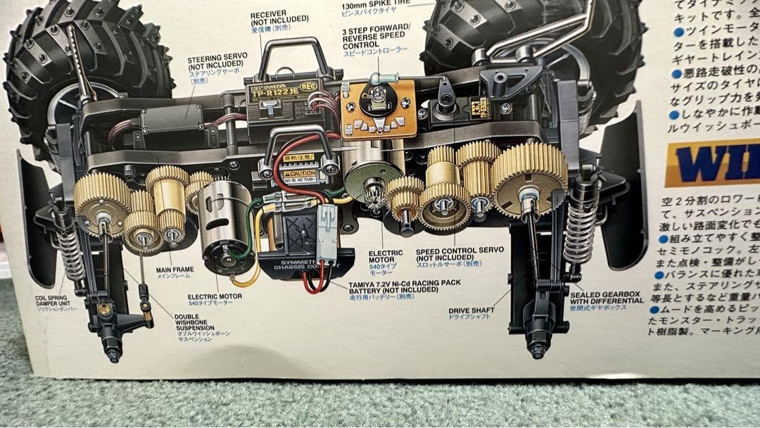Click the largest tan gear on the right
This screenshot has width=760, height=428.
pos(529,180)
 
